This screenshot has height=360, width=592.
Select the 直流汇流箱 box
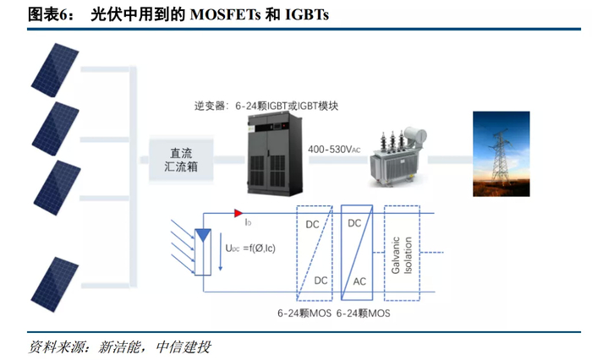pos(181,161)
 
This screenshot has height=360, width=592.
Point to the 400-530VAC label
pos(334,150)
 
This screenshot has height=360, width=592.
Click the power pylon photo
pos(502,158)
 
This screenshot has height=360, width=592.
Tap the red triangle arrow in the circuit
pos(239,213)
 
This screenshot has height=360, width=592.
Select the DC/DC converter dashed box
pos(313,250)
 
